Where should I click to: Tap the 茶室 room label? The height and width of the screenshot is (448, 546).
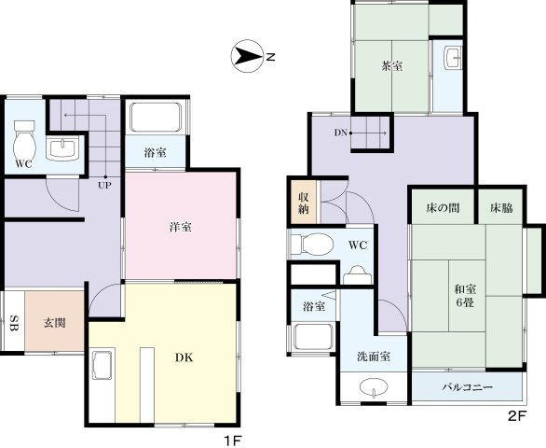point(390,66)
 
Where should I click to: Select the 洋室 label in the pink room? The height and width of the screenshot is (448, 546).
point(181,227)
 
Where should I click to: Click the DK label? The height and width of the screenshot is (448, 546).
point(185,355)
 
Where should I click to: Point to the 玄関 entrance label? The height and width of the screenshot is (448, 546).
point(54,323)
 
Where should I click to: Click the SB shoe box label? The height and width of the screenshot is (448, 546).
point(13,323)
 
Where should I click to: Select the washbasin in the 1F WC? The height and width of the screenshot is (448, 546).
point(62,148)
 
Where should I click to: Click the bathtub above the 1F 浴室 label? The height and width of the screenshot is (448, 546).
point(156,118)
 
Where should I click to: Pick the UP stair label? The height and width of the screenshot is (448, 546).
point(107,184)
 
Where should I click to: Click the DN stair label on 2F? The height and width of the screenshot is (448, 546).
point(342,133)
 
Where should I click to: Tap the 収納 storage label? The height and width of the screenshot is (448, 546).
point(304,203)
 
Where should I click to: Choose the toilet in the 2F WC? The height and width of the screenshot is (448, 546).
point(311,245)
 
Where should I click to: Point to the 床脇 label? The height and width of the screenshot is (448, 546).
point(501,207)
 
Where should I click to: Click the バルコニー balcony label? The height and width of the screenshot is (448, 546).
point(468,386)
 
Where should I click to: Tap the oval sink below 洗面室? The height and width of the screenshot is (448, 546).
point(374,387)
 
